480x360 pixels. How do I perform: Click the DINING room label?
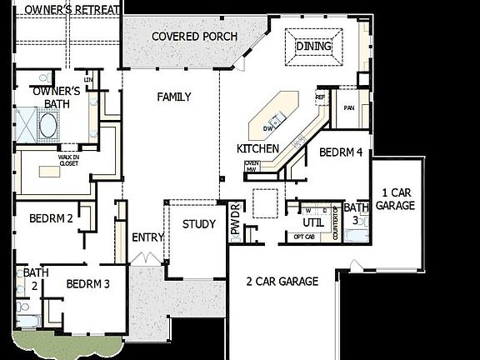314,47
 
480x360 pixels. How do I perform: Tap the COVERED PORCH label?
195,37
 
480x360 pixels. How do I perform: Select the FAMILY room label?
174,97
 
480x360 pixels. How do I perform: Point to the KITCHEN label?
257,148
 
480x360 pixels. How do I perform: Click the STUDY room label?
199,224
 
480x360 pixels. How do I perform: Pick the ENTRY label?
147,237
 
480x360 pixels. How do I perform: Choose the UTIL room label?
312,222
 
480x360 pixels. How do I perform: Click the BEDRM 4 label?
341,152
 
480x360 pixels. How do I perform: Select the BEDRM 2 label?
51,219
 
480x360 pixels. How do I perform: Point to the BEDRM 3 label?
88,283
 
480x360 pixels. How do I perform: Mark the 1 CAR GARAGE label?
395,198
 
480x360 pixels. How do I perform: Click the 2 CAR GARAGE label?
282,282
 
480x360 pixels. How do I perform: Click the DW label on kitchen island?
268,128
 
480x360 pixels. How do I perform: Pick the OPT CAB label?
303,237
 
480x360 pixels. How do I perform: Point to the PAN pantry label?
351,107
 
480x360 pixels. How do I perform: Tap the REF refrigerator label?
320,97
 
